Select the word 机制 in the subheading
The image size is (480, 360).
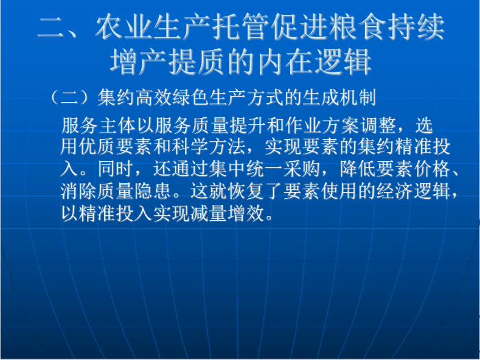[x=357, y=98]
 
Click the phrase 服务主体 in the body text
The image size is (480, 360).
[x=99, y=125]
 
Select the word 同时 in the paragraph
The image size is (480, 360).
[x=117, y=169]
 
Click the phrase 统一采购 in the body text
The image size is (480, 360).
[x=284, y=169]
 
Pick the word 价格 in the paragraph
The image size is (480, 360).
[x=432, y=169]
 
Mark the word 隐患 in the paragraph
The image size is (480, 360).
[x=154, y=191]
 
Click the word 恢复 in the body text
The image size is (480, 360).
[x=246, y=191]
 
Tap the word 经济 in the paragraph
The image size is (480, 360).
[x=395, y=191]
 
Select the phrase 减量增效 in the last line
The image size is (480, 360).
[x=227, y=213]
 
